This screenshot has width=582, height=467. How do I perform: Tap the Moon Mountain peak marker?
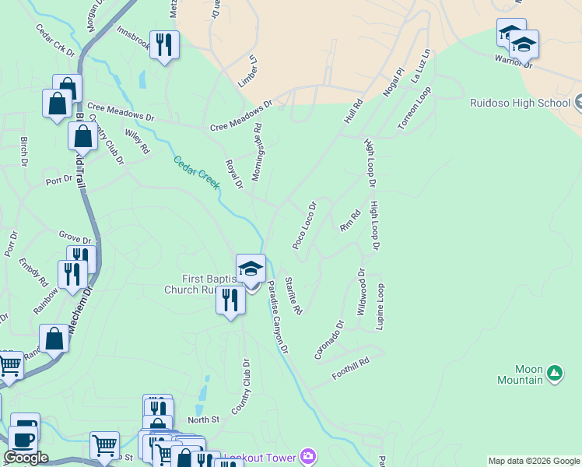point(554,373)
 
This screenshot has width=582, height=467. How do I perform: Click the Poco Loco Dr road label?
point(304,226)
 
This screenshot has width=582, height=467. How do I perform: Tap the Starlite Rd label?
point(293,296)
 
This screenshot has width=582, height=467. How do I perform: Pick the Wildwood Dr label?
point(361,292)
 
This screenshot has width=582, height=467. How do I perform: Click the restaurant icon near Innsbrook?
point(164,44)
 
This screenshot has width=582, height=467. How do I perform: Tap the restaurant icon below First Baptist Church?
point(230,300)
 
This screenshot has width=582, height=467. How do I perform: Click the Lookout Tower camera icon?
point(309,456)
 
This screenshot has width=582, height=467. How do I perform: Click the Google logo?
point(26,458)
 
